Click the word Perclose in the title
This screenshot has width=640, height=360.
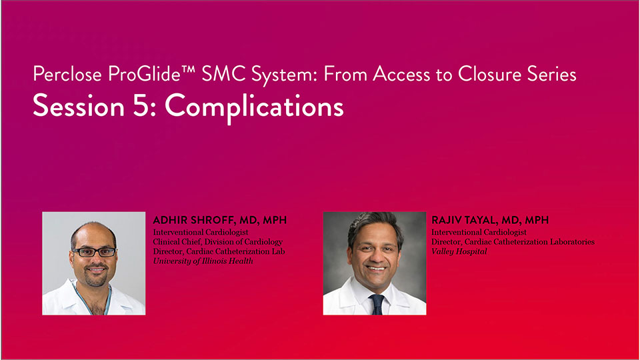[67, 74]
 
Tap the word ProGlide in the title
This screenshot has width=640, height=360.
[145, 74]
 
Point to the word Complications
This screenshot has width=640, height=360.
[254, 108]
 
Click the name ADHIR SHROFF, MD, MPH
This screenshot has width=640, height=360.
[219, 221]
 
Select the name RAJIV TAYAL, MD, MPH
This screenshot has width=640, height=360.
[490, 221]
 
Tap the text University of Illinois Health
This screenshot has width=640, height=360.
[203, 261]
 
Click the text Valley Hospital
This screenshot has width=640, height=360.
[459, 251]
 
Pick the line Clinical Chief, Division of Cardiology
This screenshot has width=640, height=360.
[217, 241]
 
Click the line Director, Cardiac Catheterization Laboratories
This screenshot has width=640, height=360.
[513, 241]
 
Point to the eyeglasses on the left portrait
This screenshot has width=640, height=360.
[94, 252]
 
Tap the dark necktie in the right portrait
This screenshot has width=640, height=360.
[376, 304]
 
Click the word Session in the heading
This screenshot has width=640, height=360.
[79, 106]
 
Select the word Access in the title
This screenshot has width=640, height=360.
[401, 74]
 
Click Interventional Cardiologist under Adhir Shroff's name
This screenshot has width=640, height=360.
[201, 232]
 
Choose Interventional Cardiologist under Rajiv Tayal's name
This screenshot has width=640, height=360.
[479, 232]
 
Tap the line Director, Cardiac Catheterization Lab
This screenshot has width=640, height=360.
[219, 251]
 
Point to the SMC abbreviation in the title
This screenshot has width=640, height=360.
[224, 74]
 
